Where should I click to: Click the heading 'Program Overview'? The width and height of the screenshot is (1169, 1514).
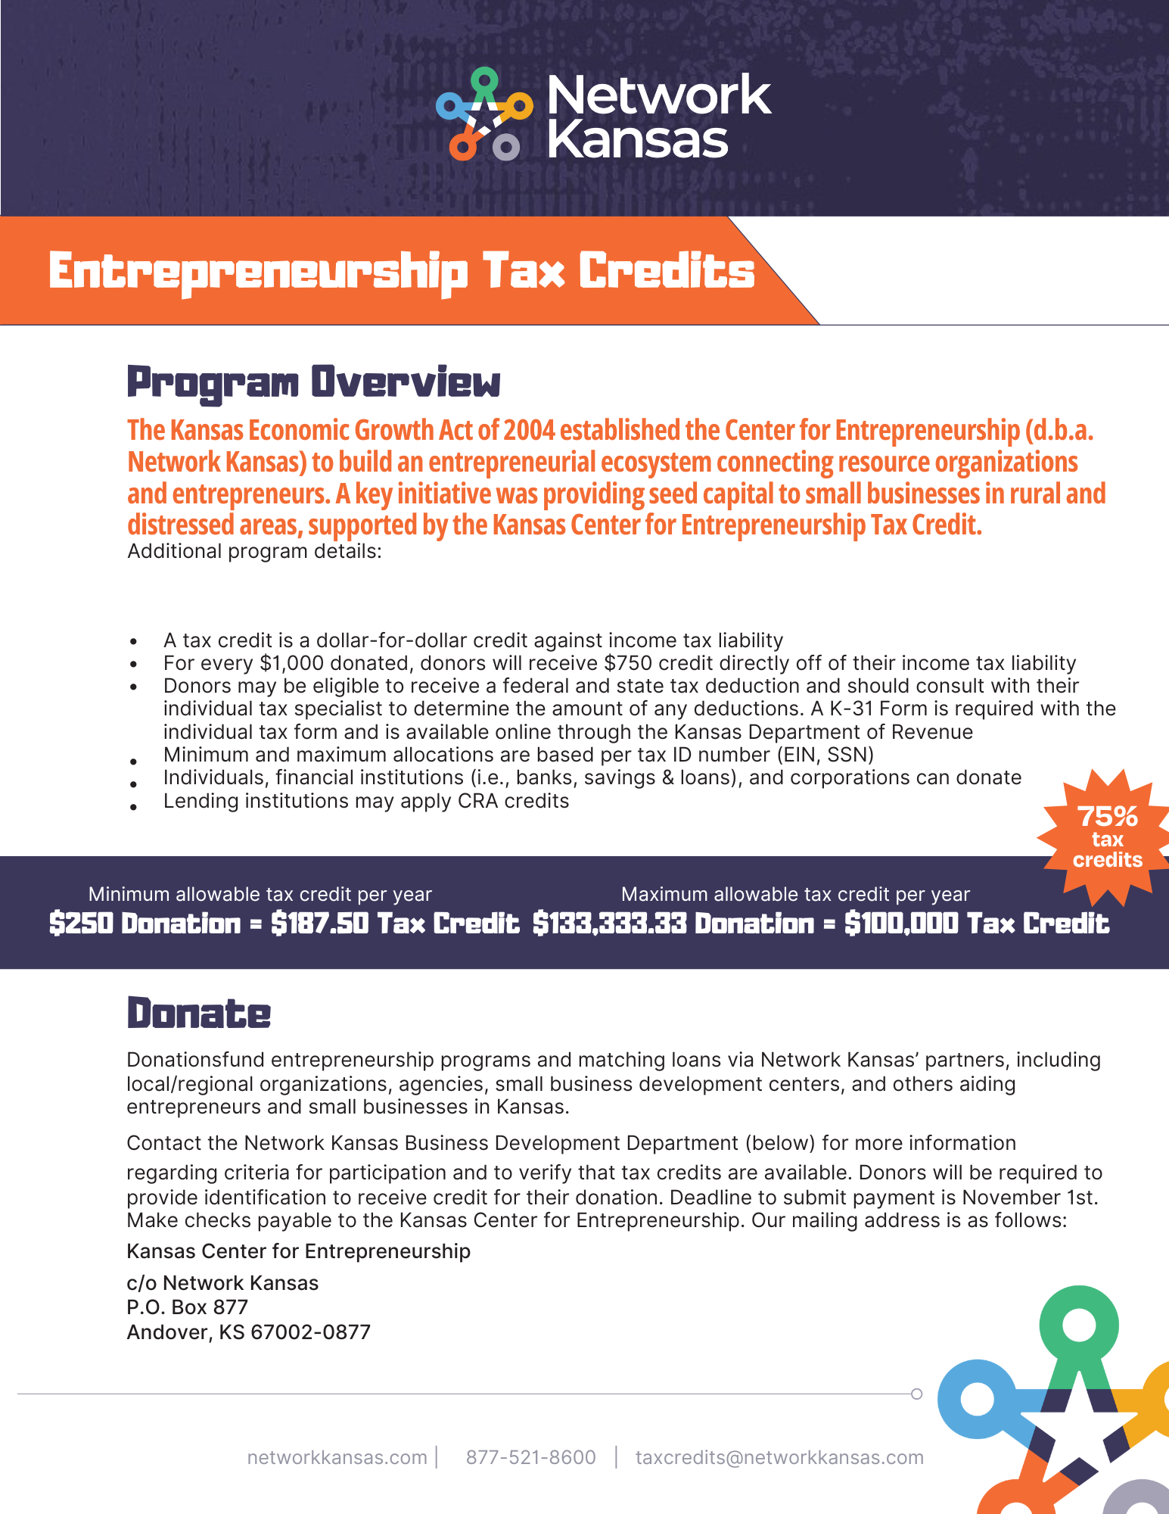[x=313, y=382]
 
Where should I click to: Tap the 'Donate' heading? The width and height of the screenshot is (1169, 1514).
[x=198, y=1014]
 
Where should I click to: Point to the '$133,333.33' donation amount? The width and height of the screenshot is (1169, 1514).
[x=609, y=924]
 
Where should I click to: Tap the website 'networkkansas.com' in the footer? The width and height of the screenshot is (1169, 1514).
[x=337, y=1457]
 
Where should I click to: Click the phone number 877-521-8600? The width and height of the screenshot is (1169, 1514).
[x=530, y=1457]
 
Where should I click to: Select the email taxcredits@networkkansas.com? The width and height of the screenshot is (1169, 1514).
[x=779, y=1457]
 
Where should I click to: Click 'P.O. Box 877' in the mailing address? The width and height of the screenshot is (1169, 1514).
[x=187, y=1307]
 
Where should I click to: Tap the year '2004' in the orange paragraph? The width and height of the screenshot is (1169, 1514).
[x=529, y=430]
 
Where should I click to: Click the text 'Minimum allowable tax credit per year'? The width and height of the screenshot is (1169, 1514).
[x=260, y=894]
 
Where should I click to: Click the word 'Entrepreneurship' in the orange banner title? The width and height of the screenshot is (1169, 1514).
[x=258, y=271]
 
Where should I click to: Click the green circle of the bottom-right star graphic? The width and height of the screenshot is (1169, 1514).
[x=1079, y=1325]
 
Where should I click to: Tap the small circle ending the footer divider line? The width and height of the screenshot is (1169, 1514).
[x=916, y=1394]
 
